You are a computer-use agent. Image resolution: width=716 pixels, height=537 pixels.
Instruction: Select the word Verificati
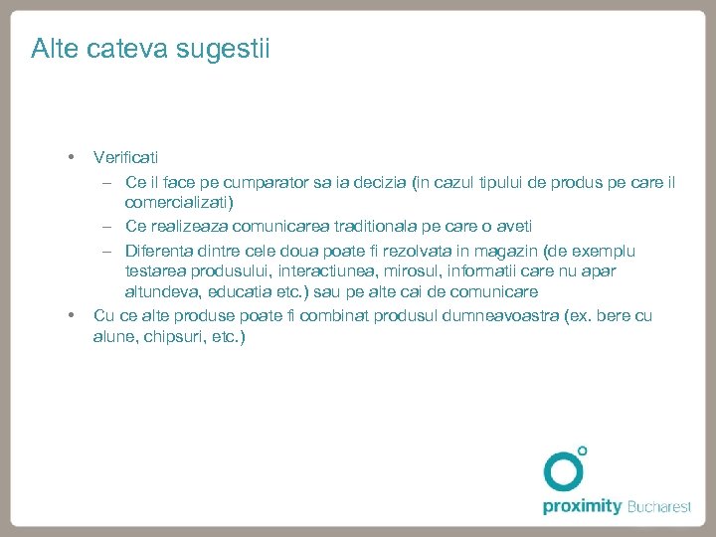coord(125,157)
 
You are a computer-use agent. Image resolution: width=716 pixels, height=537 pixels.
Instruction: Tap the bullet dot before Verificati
coord(71,157)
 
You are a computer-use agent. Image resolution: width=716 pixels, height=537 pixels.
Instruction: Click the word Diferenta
coord(163,251)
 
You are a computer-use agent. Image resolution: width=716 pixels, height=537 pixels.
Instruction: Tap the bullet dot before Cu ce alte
coord(71,315)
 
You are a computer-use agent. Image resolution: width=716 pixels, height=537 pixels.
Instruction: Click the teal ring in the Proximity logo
coord(563,471)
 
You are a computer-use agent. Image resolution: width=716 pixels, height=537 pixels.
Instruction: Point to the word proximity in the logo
coord(582,507)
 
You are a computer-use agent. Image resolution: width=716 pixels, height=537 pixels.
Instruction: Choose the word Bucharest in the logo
coord(659,507)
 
